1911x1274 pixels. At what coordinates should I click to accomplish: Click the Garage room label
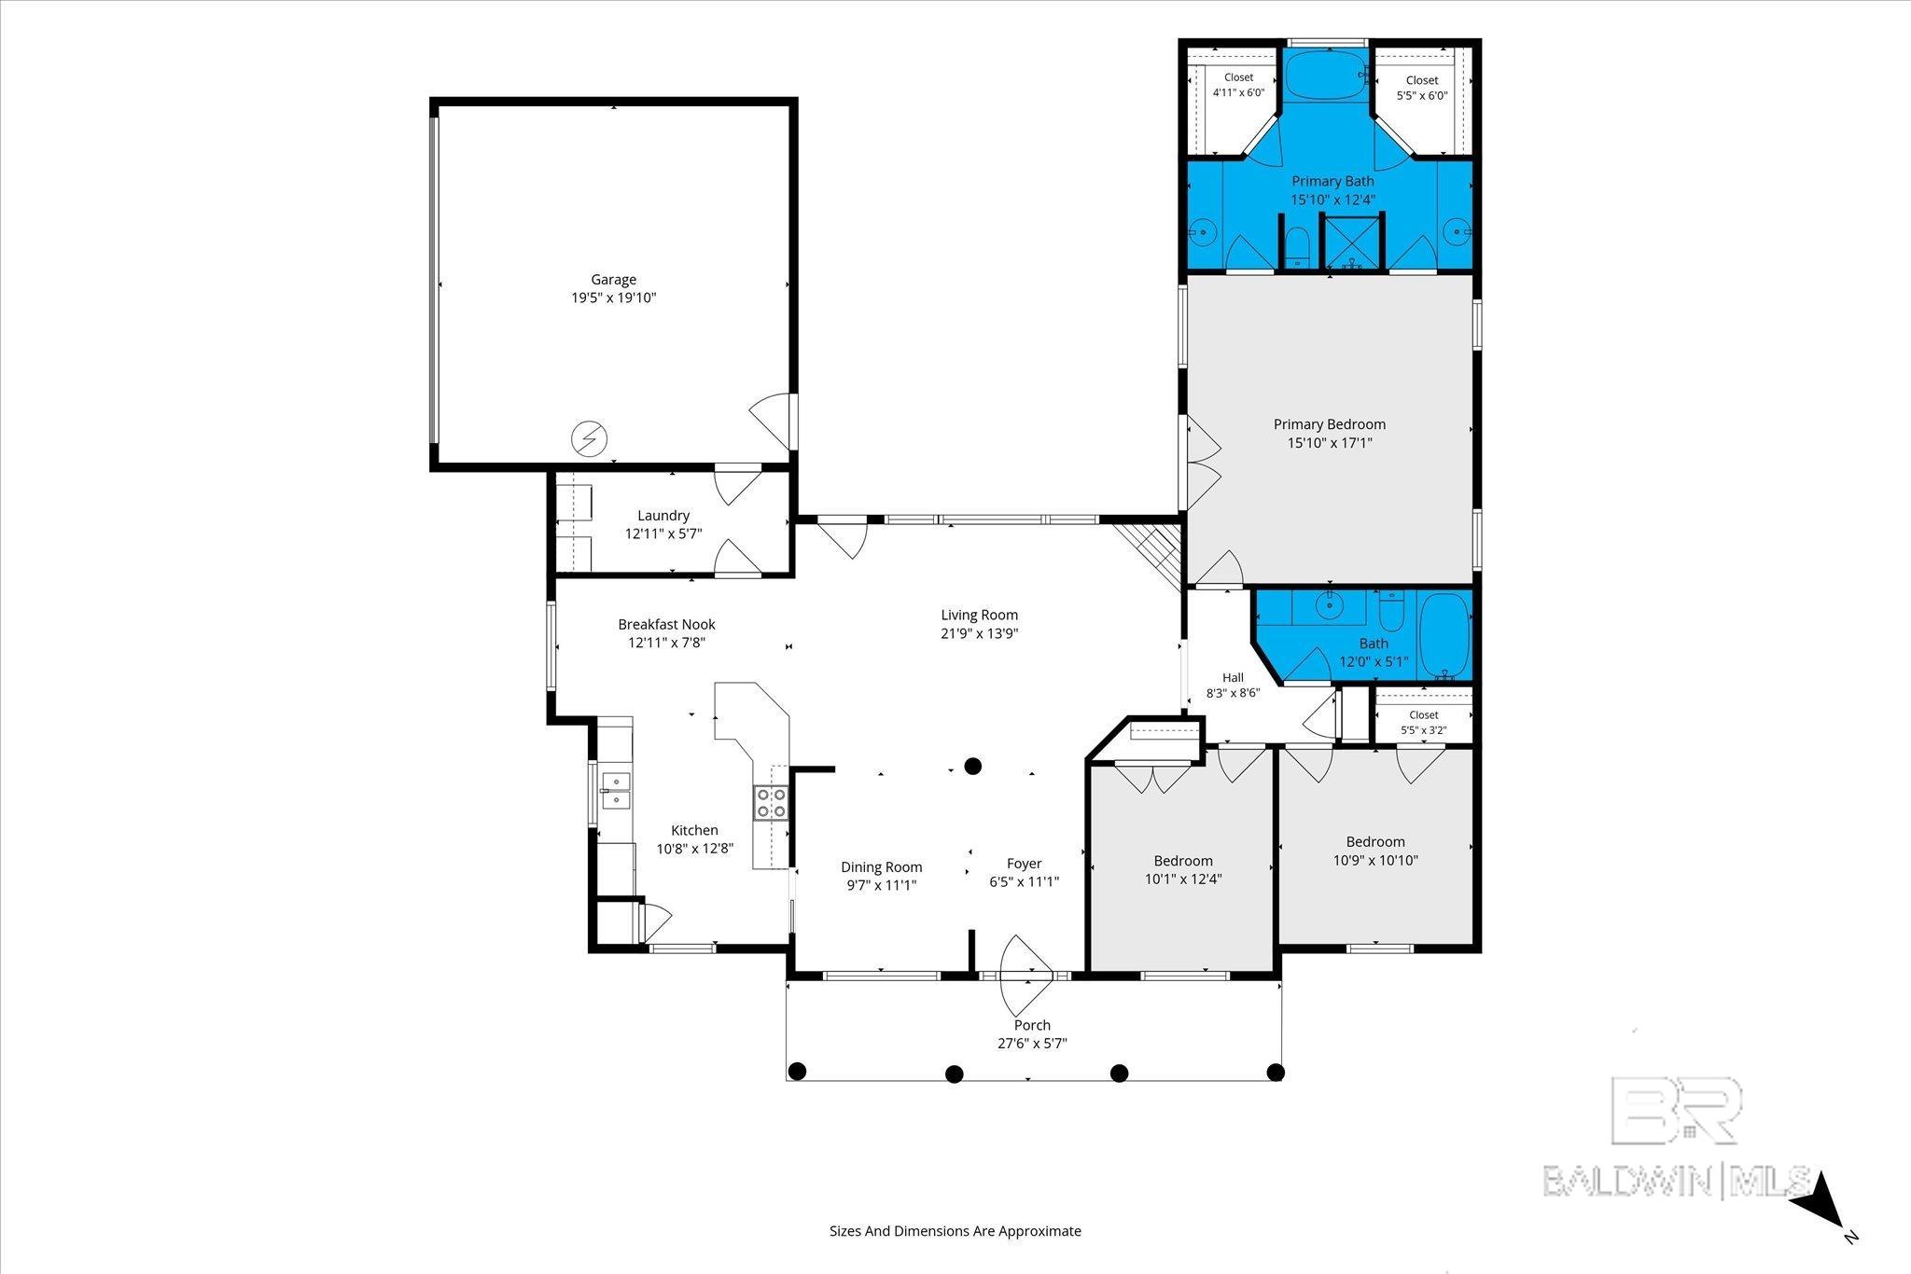point(613,279)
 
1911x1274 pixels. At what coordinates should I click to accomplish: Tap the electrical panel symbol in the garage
point(589,438)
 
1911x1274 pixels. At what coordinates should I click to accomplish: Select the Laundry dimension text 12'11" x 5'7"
point(663,533)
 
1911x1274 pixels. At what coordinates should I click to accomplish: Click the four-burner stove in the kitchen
point(771,803)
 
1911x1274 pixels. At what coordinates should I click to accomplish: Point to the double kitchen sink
point(615,790)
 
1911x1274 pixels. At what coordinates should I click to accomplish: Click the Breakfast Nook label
point(666,624)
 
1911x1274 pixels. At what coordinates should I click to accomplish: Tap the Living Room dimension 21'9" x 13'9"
point(979,633)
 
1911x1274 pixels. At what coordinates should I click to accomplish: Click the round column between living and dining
point(972,767)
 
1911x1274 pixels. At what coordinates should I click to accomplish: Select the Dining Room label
point(882,867)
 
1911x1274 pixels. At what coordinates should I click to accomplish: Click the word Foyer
point(1024,864)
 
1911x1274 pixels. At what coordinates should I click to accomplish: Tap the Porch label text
point(1032,1025)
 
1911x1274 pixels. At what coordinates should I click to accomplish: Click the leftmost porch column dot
point(796,1071)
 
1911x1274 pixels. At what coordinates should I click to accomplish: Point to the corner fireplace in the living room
point(1149,556)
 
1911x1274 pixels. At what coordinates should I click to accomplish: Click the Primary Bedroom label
point(1330,424)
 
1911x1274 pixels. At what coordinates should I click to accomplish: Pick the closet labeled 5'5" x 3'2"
point(1424,718)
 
